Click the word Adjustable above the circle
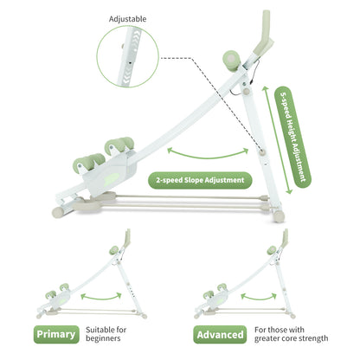pyautogui.click(x=127, y=19)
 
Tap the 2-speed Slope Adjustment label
pyautogui.click(x=200, y=180)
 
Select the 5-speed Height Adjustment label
pyautogui.click(x=292, y=137)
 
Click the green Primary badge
pyautogui.click(x=56, y=334)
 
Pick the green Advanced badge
pyautogui.click(x=220, y=335)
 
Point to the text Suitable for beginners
pyautogui.click(x=106, y=334)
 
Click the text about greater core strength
pyautogui.click(x=291, y=334)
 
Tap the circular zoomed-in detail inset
pyautogui.click(x=128, y=56)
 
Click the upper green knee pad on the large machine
pyautogui.click(x=119, y=145)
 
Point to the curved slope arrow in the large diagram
pyautogui.click(x=208, y=155)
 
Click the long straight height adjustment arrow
pyautogui.click(x=277, y=139)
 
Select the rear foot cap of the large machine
pyautogui.click(x=279, y=215)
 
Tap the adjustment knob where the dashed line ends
pyautogui.click(x=262, y=152)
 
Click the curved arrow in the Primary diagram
pyautogui.click(x=101, y=297)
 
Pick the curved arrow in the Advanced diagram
pyautogui.click(x=259, y=297)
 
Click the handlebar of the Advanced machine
pyautogui.click(x=285, y=239)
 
